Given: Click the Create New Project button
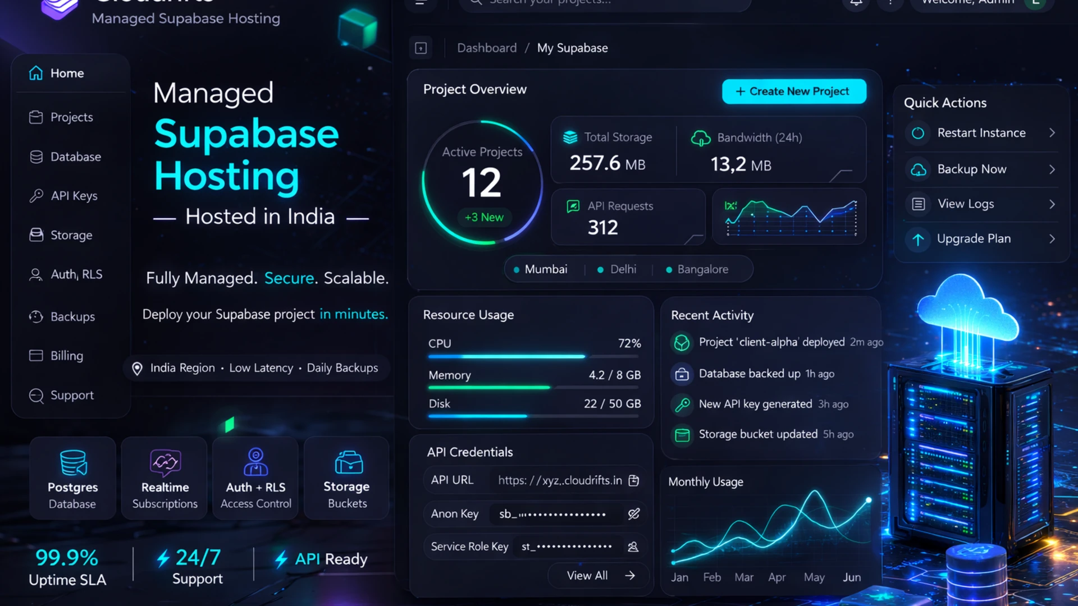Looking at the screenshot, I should point(793,91).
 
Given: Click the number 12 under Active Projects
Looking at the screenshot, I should point(481,183).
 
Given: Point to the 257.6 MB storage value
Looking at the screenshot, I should point(607,163).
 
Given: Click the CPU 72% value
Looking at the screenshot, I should point(629,343).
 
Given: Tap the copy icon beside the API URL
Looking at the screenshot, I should point(634,480).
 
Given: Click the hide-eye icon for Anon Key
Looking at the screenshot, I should point(634,513).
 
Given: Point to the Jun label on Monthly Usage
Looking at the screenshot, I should point(851,577).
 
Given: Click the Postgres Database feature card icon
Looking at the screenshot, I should point(73,463).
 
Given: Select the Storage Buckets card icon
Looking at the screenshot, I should point(348,463).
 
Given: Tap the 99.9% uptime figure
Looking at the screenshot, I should point(67,558).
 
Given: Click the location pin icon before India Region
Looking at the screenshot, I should point(137,369).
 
